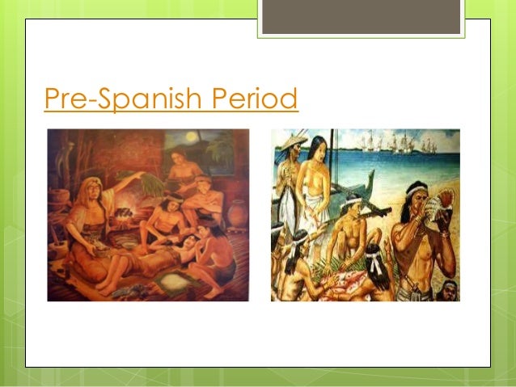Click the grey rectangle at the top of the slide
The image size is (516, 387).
coord(362,17)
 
